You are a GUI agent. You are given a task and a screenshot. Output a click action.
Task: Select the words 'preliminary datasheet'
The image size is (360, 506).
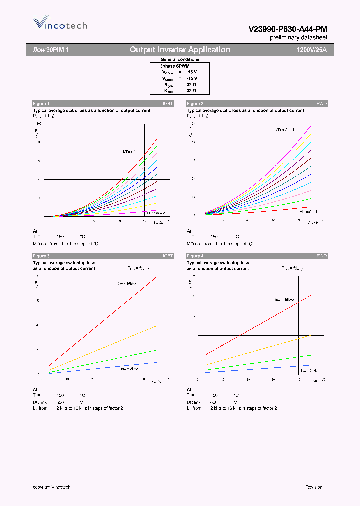(299, 38)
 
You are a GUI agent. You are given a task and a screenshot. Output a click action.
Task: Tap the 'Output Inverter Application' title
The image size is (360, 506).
(180, 50)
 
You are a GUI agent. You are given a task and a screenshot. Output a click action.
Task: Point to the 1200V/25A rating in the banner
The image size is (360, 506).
(311, 50)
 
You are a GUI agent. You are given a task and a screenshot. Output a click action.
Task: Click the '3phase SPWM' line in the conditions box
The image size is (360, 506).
(174, 66)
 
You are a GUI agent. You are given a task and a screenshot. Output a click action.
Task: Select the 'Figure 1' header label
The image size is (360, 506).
(41, 103)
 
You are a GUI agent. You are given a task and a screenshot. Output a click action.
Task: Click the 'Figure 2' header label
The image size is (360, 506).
(195, 103)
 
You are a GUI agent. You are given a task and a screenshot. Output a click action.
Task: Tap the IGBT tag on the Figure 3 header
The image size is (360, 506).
(167, 256)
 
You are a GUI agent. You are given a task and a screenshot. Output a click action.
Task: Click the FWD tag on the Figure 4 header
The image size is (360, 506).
(321, 256)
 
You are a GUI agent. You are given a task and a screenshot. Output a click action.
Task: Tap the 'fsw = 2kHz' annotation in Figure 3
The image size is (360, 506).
(131, 368)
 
